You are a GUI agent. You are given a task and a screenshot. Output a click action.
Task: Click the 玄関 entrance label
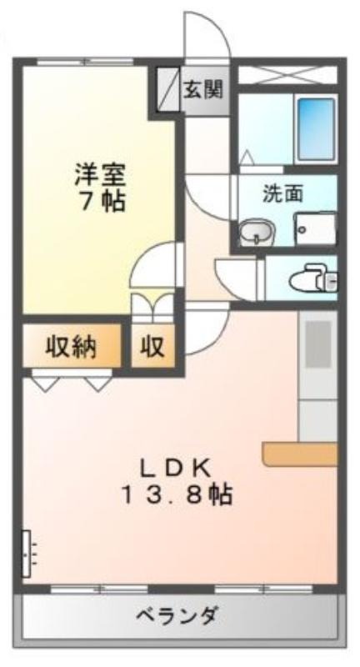(x=202, y=90)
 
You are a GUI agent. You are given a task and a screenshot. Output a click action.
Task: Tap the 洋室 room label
(x=100, y=175)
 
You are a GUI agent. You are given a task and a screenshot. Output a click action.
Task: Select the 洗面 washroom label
(x=282, y=194)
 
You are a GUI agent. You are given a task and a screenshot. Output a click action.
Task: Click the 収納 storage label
(x=71, y=347)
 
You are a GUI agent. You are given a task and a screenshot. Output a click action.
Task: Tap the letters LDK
(x=176, y=469)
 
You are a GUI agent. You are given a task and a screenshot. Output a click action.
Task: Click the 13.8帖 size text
(x=177, y=495)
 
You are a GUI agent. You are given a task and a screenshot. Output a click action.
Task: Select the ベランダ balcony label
(x=177, y=615)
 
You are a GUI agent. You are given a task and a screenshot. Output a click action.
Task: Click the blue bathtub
(x=316, y=129)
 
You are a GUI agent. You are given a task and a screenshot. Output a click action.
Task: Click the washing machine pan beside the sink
(x=315, y=228)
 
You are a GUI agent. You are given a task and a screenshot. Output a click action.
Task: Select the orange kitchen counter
(x=300, y=454)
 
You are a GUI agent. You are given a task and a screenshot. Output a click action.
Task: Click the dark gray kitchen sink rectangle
(x=318, y=344)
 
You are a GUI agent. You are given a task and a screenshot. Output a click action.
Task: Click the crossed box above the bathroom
(x=287, y=75)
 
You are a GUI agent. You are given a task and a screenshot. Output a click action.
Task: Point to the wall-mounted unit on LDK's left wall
(x=27, y=553)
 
